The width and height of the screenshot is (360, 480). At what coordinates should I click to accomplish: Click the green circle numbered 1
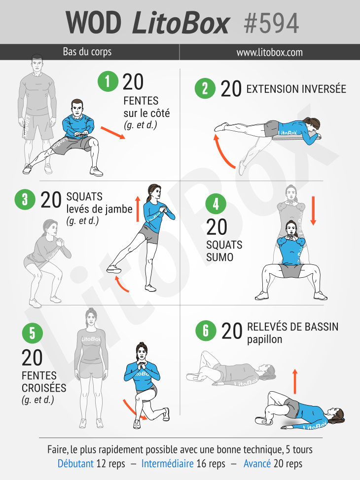click(108, 81)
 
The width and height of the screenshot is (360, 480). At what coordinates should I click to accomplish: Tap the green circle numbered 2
click(205, 88)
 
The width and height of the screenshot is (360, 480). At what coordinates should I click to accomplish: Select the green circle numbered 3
click(25, 200)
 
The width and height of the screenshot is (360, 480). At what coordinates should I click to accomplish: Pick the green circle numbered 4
click(216, 204)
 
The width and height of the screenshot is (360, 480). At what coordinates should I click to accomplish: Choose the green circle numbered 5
click(32, 333)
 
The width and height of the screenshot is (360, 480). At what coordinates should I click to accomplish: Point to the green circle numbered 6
click(206, 331)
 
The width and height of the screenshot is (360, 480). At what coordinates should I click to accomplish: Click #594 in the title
click(271, 24)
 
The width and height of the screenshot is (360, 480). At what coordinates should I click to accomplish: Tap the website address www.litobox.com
click(269, 52)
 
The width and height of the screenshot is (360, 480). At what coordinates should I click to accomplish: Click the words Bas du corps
click(87, 52)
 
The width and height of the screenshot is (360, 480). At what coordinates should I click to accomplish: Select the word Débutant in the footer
click(75, 463)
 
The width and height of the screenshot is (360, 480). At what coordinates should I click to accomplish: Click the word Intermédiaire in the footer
click(168, 463)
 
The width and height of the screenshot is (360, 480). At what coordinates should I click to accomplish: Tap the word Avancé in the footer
click(257, 463)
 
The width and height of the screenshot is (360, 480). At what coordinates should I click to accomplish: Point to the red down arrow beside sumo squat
click(313, 211)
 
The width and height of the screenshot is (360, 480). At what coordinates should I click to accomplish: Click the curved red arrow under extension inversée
click(222, 152)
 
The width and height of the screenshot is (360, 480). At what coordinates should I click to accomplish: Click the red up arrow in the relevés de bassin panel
click(295, 381)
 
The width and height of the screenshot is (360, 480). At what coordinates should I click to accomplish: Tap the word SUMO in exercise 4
click(220, 257)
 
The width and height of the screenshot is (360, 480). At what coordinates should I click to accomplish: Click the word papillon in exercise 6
click(264, 340)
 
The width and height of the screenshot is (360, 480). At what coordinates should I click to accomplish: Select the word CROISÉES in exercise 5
click(44, 388)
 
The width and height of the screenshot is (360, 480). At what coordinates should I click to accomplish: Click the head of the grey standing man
click(36, 63)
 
